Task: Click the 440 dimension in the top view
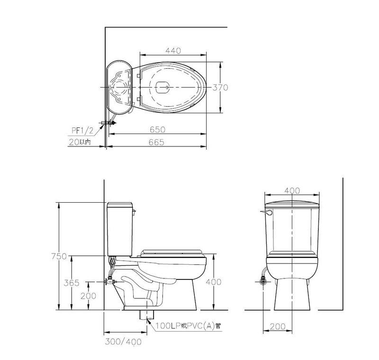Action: coord(173,51)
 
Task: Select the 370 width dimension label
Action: coord(220,88)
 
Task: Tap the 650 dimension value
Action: coord(158,130)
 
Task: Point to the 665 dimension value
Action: coord(156,142)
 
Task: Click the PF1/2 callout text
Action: coord(82,130)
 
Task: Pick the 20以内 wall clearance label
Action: coord(80,142)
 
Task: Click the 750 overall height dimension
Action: coord(59,256)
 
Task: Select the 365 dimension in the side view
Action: coord(72,283)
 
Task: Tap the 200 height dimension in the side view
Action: coord(88,296)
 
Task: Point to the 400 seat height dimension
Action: coord(214,282)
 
